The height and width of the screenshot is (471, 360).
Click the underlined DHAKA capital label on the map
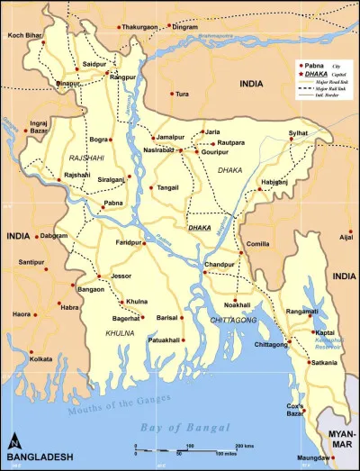(x=199, y=228)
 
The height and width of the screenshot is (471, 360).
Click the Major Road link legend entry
(x=328, y=82)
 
